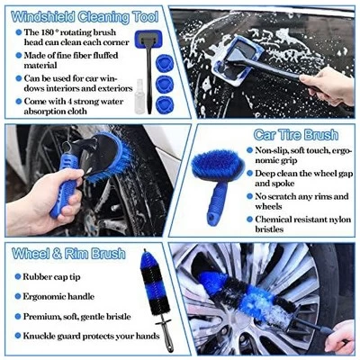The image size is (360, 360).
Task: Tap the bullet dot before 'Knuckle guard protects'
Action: pyautogui.click(x=17, y=335)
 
